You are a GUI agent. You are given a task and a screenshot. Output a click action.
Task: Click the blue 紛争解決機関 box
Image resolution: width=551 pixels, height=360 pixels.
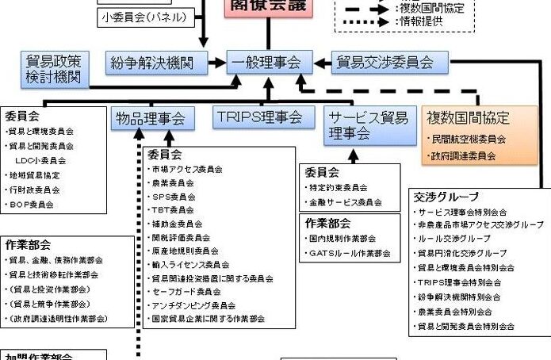tap(156, 62)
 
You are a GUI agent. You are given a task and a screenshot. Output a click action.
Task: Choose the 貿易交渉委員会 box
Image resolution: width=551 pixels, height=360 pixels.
tap(385, 62)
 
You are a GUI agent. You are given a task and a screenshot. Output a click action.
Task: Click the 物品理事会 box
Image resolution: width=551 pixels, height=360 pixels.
tap(150, 119)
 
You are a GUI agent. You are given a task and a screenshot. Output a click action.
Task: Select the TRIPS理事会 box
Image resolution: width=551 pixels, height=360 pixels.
tap(259, 117)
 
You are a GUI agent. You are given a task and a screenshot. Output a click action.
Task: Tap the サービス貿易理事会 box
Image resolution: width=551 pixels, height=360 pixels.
tap(369, 126)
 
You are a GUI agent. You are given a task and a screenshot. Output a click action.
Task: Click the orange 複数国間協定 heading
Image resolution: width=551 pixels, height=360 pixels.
tap(468, 118)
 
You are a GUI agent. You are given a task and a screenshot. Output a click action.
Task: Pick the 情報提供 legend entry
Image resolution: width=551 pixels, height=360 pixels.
tap(419, 22)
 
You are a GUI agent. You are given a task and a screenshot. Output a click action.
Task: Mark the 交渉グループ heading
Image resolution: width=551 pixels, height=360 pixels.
tap(446, 196)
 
